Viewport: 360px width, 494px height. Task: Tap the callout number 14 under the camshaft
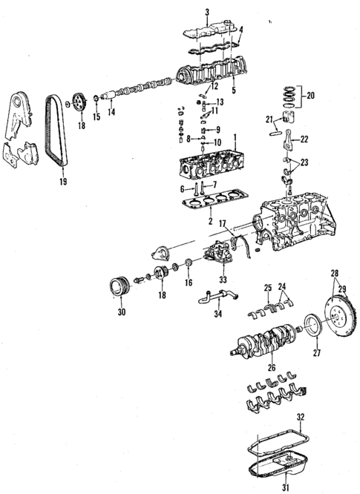(x=111, y=112)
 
